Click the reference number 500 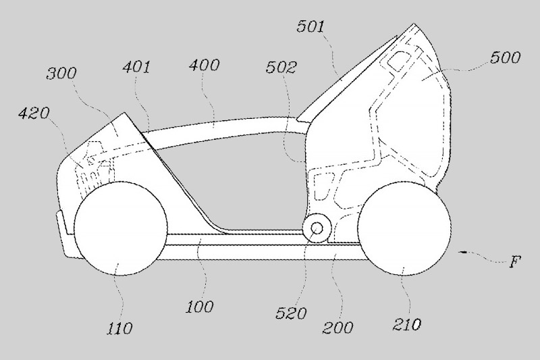[x=506, y=57]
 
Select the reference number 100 [x=200, y=307]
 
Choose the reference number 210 [x=406, y=325]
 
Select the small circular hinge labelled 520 [x=315, y=228]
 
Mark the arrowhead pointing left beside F [x=461, y=252]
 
